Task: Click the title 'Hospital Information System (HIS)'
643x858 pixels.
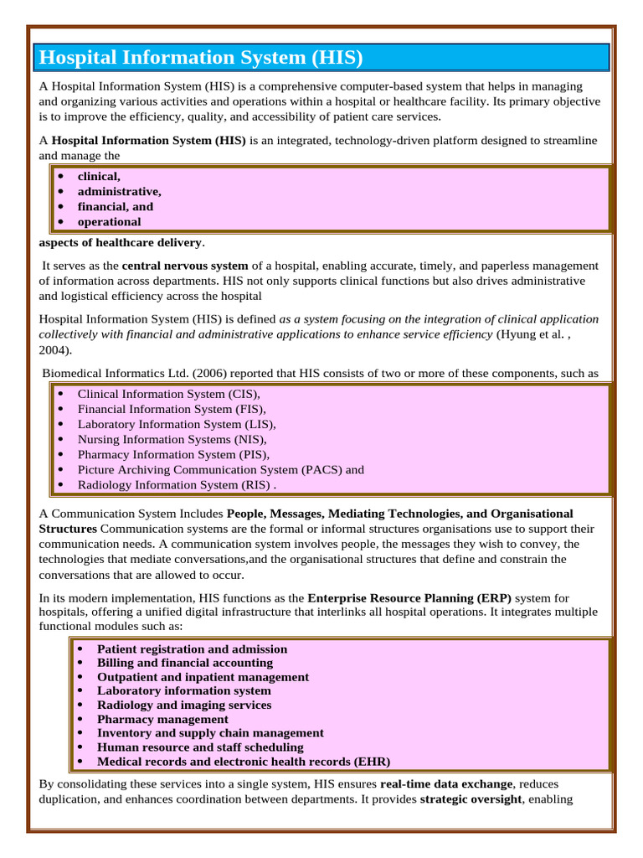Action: point(202,58)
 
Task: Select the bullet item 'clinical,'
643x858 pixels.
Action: point(99,177)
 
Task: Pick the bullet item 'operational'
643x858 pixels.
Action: point(109,222)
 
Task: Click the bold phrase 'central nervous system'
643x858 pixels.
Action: point(185,266)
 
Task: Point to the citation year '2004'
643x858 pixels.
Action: point(54,350)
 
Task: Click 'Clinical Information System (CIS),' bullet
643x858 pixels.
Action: point(169,394)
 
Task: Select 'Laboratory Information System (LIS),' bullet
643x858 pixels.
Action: point(177,424)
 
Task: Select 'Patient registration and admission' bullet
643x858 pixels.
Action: point(192,649)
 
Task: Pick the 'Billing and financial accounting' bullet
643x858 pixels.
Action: point(185,663)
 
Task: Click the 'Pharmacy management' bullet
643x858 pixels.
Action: point(162,719)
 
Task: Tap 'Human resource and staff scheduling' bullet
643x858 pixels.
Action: point(200,747)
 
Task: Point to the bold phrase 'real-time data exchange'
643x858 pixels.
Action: point(445,784)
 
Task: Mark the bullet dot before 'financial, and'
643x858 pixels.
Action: point(61,207)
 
